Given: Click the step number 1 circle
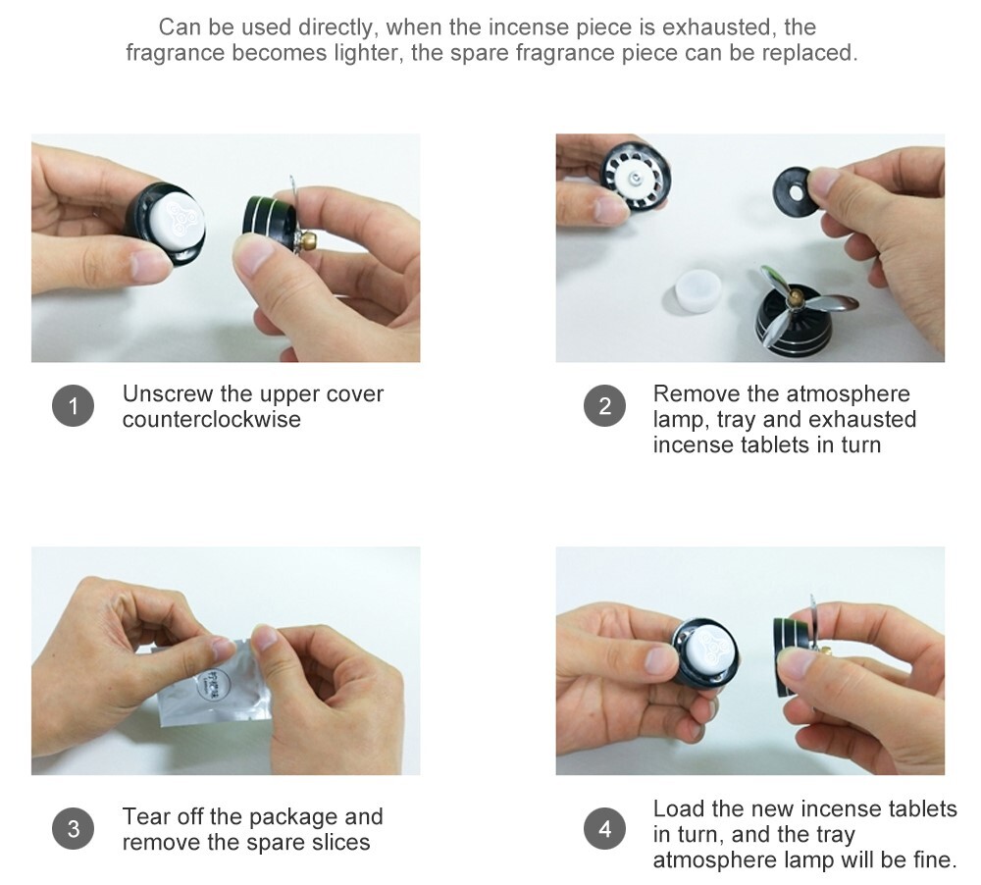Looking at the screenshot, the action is (74, 406).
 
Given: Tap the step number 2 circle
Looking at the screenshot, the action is (604, 406).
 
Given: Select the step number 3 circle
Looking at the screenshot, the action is (74, 829).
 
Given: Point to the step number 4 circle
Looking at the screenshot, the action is (604, 829).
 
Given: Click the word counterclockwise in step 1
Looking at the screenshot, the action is (212, 419).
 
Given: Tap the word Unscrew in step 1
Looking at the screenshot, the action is (168, 393).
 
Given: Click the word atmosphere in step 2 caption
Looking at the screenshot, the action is (848, 393).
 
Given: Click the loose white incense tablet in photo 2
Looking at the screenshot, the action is (698, 290).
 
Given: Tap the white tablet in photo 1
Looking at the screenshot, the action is (177, 218).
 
